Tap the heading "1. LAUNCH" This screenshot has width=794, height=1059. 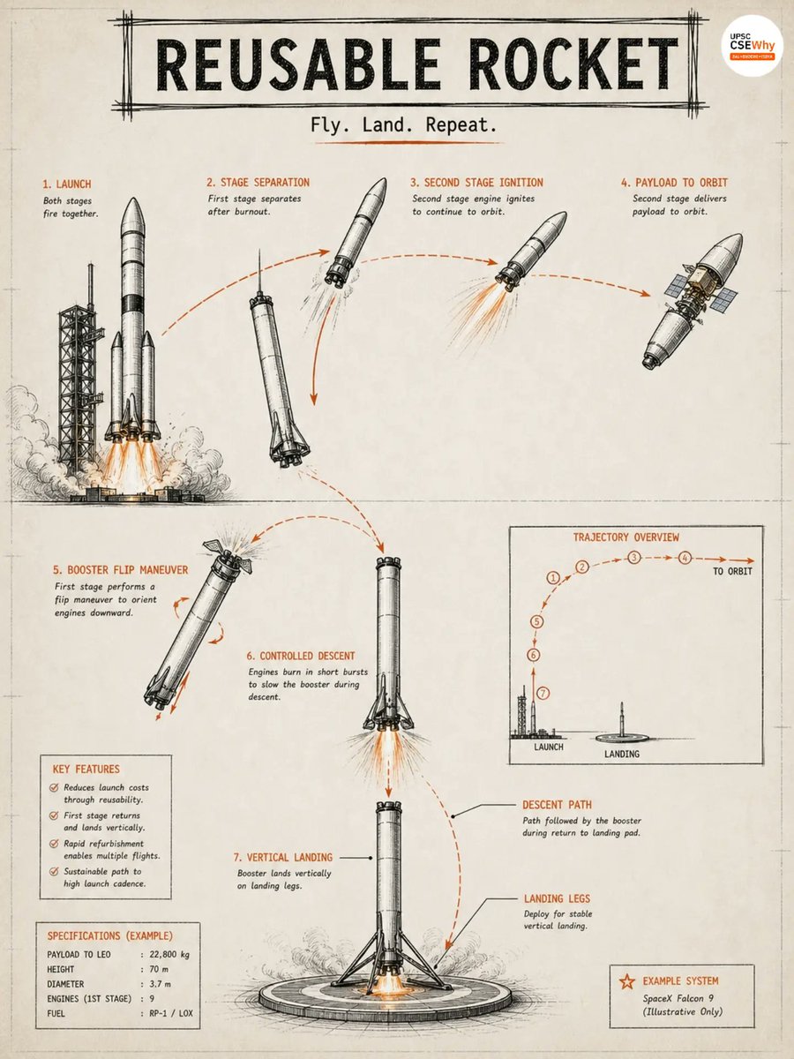[66, 184]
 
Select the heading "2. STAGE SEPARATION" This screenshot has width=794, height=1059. [258, 183]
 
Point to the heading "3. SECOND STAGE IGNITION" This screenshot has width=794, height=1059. [476, 183]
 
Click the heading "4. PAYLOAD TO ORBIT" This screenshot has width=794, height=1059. [674, 183]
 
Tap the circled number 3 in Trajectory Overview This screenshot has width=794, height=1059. [634, 558]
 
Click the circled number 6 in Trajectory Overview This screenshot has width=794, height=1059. [533, 655]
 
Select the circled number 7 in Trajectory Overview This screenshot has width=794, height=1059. [543, 694]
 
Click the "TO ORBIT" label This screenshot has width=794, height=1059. [732, 571]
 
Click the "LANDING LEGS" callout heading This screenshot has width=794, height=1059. [557, 898]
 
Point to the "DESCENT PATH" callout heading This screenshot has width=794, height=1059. [557, 805]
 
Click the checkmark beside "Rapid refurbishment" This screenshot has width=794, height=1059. [54, 844]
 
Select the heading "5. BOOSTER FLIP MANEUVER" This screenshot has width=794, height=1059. [121, 570]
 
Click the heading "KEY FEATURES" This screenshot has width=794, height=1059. [86, 769]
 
